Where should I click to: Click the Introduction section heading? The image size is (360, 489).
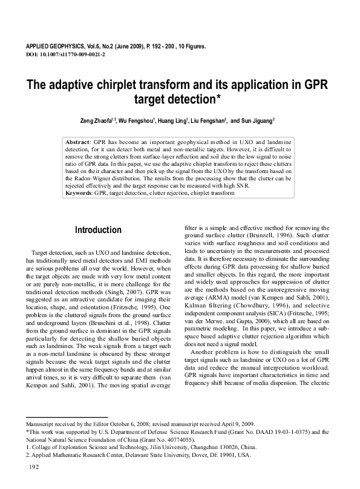[x=98, y=230]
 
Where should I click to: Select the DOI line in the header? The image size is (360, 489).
[x=66, y=54]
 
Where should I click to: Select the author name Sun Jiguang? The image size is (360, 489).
[x=257, y=120]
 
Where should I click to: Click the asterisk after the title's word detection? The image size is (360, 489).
[x=218, y=97]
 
